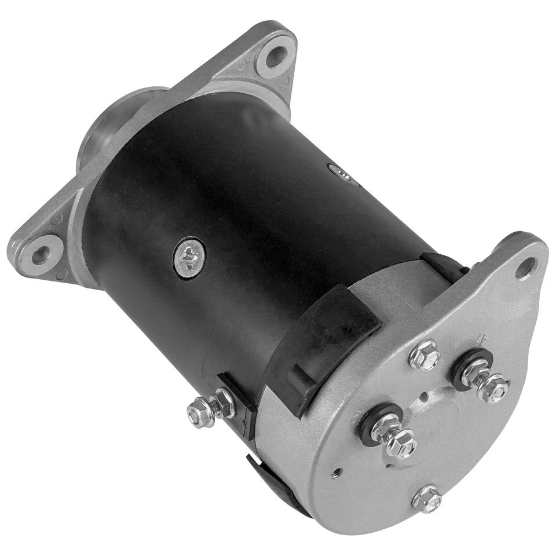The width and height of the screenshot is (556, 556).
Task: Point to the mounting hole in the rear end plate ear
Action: [525, 266]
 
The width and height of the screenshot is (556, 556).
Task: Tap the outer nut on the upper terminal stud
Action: [496, 386]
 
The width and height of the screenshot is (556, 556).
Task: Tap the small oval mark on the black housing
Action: [338, 170]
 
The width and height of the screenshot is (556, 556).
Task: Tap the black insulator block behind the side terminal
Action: [237, 400]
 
